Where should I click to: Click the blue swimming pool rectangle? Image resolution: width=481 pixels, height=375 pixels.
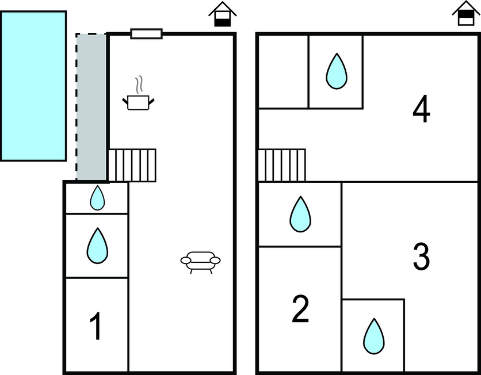click(33, 86)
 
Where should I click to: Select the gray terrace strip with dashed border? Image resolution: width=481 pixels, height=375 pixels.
click(91, 107)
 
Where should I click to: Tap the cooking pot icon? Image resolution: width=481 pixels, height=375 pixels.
click(139, 102)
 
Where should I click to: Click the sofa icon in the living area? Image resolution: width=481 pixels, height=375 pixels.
click(200, 261)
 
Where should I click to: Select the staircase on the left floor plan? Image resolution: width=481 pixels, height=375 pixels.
click(132, 165)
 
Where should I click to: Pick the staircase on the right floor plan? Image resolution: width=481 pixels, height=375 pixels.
click(281, 165)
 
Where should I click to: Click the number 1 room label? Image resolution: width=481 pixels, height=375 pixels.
click(97, 326)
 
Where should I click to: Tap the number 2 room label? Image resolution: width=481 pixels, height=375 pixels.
click(300, 309)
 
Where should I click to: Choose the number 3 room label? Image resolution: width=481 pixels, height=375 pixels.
click(422, 257)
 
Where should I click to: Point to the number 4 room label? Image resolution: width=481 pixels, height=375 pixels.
click(422, 110)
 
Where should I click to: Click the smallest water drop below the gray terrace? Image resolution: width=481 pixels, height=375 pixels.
click(97, 198)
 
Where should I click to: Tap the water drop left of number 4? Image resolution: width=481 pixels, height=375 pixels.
click(337, 71)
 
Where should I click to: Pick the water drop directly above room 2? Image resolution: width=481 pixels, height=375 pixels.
click(300, 214)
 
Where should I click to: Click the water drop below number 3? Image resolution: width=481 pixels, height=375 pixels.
click(374, 336)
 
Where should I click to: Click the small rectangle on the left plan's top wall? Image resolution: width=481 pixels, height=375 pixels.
click(146, 34)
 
